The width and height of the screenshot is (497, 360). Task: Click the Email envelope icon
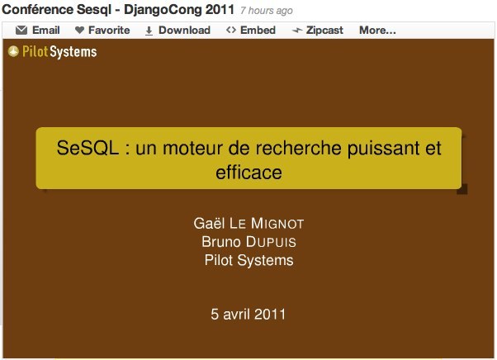[x=21, y=30]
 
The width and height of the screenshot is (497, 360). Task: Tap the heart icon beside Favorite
[x=79, y=30]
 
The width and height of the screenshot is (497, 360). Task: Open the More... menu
[x=377, y=30]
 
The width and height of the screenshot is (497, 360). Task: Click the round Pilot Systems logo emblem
[x=13, y=51]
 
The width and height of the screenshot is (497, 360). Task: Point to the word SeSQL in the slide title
[x=88, y=148]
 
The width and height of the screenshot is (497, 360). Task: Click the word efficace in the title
[x=248, y=173]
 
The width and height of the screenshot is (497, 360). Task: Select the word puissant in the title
[x=383, y=149]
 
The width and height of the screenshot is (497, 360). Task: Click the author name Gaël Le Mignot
[x=248, y=223]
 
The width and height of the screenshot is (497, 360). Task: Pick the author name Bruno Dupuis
[x=248, y=241]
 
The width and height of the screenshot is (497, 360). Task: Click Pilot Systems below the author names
[x=248, y=260]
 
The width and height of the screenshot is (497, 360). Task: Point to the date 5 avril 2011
[x=248, y=314]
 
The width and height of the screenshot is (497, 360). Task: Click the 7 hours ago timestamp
[x=266, y=11]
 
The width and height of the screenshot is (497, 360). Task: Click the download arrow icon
[x=149, y=31]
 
